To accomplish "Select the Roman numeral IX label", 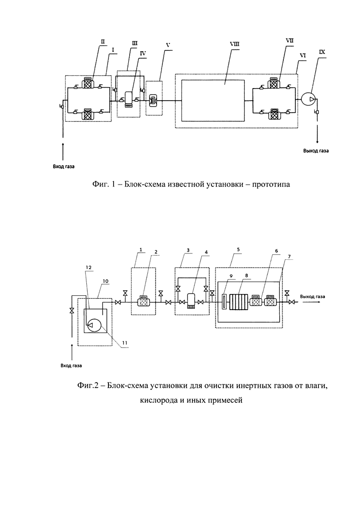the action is [322, 52].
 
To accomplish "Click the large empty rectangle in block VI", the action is [213, 101].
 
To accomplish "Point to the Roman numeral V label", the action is [168, 45].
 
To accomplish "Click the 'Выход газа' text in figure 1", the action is [316, 151].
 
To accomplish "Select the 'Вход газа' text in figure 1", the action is [64, 167].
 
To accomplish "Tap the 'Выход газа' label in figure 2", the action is [312, 296].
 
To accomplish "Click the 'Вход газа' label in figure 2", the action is [72, 365].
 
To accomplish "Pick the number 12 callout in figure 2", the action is [89, 267].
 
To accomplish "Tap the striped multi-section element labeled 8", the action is [239, 302].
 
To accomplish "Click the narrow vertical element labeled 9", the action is [224, 302].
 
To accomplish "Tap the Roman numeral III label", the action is [134, 43].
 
